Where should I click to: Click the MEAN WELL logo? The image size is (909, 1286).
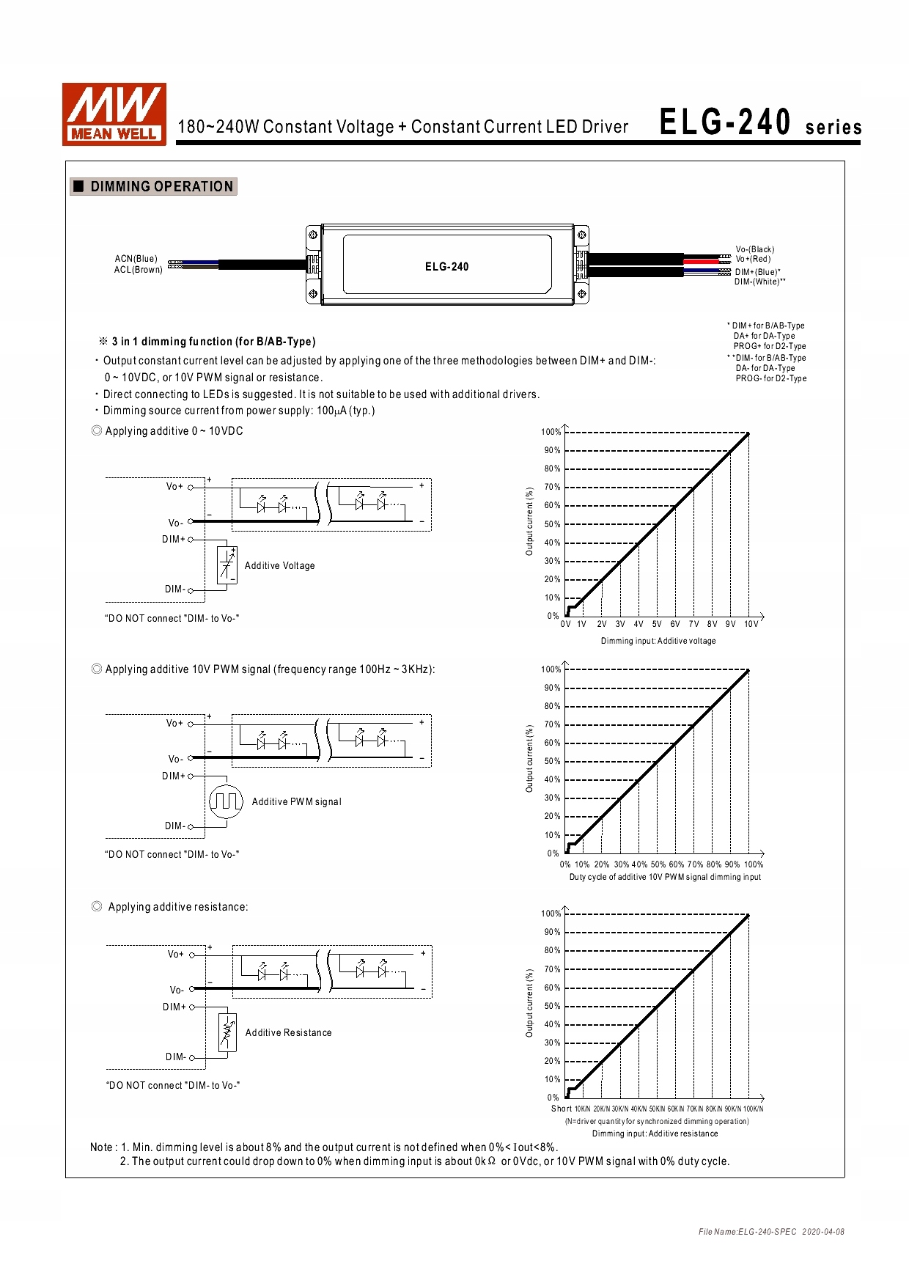pos(114,114)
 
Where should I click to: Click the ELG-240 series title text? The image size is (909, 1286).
pos(759,123)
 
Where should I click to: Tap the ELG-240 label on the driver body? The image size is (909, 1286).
pos(446,267)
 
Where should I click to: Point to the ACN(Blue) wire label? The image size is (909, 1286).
pos(136,259)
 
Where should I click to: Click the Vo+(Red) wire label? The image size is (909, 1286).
pos(753,259)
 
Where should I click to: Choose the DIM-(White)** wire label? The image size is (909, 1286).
pos(759,282)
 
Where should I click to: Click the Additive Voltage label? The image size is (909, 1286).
pos(279,566)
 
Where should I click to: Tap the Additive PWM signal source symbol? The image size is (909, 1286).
pos(226,801)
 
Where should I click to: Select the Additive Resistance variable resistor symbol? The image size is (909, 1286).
pos(227,1032)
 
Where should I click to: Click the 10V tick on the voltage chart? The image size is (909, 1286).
pos(751,625)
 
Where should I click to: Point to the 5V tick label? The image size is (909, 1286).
pos(657,625)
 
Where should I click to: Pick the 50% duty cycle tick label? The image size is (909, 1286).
pos(658,864)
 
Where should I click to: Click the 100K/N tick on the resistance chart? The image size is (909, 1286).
pos(753,1109)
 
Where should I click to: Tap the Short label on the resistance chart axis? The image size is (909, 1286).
pos(561,1109)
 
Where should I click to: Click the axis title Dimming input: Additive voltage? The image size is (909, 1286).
pos(658,641)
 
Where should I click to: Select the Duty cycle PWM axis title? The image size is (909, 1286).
pos(664,877)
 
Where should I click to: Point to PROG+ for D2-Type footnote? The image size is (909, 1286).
pos(769,346)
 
